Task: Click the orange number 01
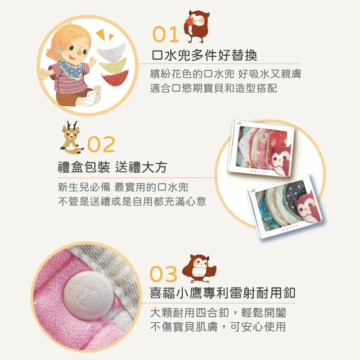click(x=165, y=34)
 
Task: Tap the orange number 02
click(x=101, y=144)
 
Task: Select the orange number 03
click(x=164, y=274)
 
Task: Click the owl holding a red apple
click(x=197, y=26)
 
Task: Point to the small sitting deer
click(x=71, y=137)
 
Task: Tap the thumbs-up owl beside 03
click(x=199, y=269)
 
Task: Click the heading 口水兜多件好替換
click(x=204, y=55)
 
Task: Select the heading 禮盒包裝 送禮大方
click(x=112, y=167)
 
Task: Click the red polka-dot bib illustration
click(x=115, y=78)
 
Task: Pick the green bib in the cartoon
click(x=113, y=66)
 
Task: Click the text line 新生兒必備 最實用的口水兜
click(x=123, y=187)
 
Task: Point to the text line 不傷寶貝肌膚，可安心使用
click(x=218, y=327)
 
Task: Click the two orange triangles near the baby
click(x=105, y=35)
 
